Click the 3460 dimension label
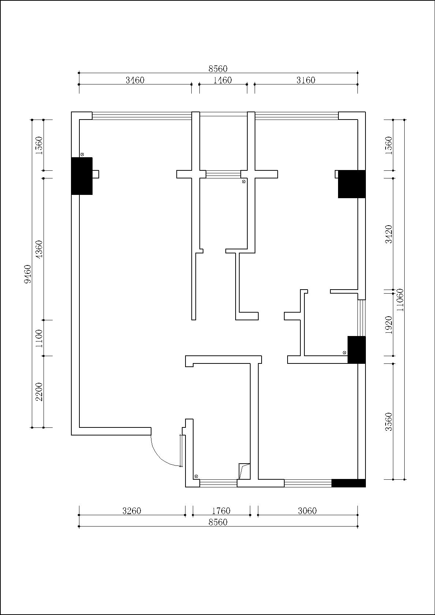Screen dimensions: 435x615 tap(135, 80)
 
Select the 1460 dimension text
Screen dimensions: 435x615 tap(222, 80)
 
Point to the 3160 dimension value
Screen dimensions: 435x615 tap(306, 80)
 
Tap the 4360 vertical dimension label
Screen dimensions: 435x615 tap(40, 249)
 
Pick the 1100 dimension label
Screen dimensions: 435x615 tap(40, 339)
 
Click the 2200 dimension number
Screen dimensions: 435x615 tap(40, 392)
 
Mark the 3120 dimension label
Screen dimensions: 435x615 tap(389, 234)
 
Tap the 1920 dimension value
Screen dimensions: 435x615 tap(389, 325)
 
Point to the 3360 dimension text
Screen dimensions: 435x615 tap(389, 422)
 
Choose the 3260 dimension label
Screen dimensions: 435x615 tap(132, 511)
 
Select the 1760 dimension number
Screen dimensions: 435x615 tap(221, 511)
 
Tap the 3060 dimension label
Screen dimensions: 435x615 tap(307, 511)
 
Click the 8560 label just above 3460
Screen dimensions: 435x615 tap(218, 69)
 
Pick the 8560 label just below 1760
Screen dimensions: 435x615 tap(218, 522)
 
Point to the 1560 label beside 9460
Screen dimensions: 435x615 tap(40, 145)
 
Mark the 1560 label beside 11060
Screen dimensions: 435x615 tap(389, 145)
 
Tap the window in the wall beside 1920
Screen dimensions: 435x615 tap(361, 318)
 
